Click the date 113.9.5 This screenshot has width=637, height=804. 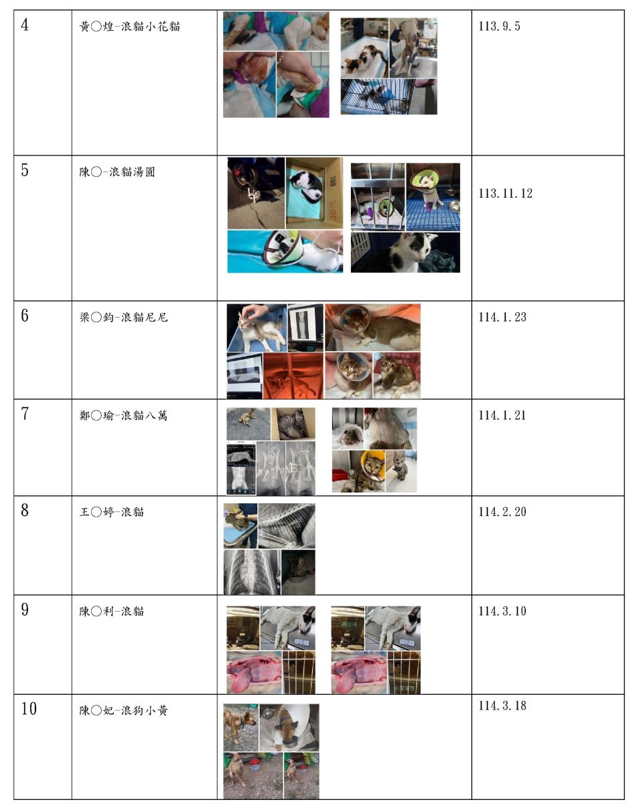click(499, 27)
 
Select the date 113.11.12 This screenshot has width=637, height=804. click(506, 193)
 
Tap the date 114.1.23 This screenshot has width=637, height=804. click(502, 317)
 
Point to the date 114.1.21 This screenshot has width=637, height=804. click(502, 415)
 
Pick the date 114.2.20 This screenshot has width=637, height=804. click(502, 512)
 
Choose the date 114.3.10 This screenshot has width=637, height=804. click(502, 611)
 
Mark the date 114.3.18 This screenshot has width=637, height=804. click(502, 706)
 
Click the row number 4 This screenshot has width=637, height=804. click(25, 25)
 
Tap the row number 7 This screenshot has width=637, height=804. click(25, 414)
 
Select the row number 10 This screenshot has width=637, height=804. click(29, 709)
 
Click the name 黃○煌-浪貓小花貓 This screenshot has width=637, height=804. click(129, 27)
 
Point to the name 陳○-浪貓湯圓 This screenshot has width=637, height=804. click(117, 172)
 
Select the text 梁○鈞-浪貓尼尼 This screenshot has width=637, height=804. click(123, 317)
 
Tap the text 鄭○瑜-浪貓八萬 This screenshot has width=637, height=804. click(123, 415)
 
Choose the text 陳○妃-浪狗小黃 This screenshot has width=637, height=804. click(123, 710)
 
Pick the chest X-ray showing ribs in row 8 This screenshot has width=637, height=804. click(251, 572)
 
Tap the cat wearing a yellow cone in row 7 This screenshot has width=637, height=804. click(370, 471)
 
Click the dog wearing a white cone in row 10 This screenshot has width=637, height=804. click(289, 727)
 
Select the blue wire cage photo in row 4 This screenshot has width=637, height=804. click(388, 96)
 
